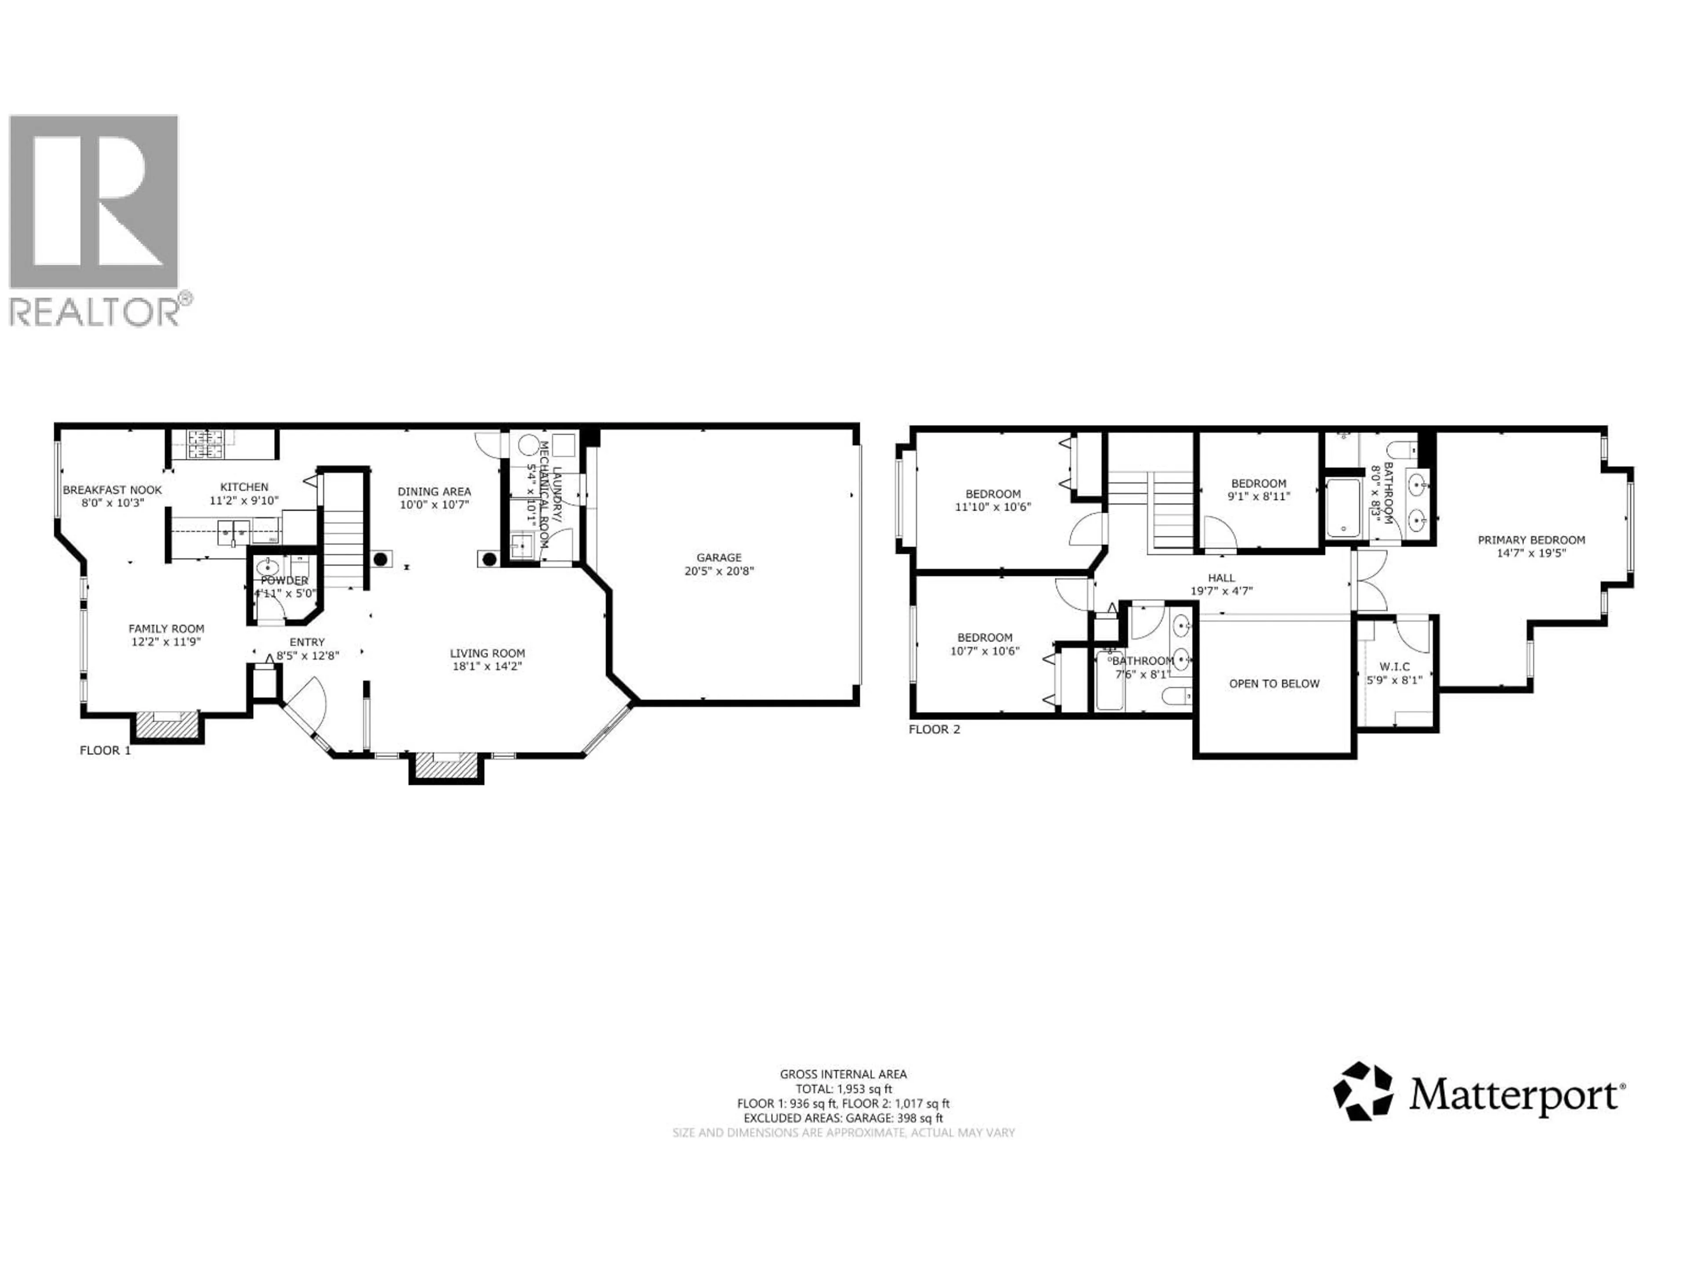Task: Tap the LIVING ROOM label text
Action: point(487,653)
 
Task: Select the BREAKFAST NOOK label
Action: point(112,490)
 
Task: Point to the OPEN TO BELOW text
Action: point(1273,684)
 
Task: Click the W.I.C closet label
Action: point(1395,667)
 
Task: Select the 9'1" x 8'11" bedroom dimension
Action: point(1259,496)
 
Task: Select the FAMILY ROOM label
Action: point(166,629)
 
